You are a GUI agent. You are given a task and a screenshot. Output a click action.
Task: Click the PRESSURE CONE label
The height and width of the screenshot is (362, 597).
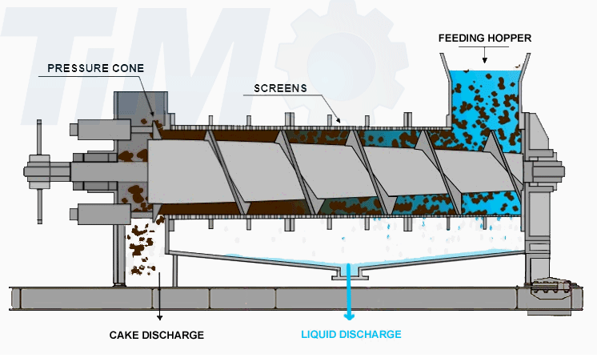click(95, 68)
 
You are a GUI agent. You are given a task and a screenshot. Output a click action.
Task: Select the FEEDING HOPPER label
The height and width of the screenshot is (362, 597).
click(485, 38)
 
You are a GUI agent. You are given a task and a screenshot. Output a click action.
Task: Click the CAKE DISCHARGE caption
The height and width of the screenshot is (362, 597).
click(157, 335)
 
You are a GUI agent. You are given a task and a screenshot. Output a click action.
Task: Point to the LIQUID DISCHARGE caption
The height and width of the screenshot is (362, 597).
click(351, 334)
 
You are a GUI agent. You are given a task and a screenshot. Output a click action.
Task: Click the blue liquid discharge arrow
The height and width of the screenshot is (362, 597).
click(349, 300)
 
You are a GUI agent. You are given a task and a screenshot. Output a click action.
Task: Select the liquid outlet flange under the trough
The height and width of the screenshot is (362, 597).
click(349, 275)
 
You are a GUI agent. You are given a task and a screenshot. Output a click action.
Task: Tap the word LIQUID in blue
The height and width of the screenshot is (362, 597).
click(319, 334)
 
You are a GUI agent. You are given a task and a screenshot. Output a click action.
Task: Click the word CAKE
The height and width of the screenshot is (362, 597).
click(123, 335)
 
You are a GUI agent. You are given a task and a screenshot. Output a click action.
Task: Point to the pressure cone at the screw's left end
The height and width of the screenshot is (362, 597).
click(152, 171)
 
